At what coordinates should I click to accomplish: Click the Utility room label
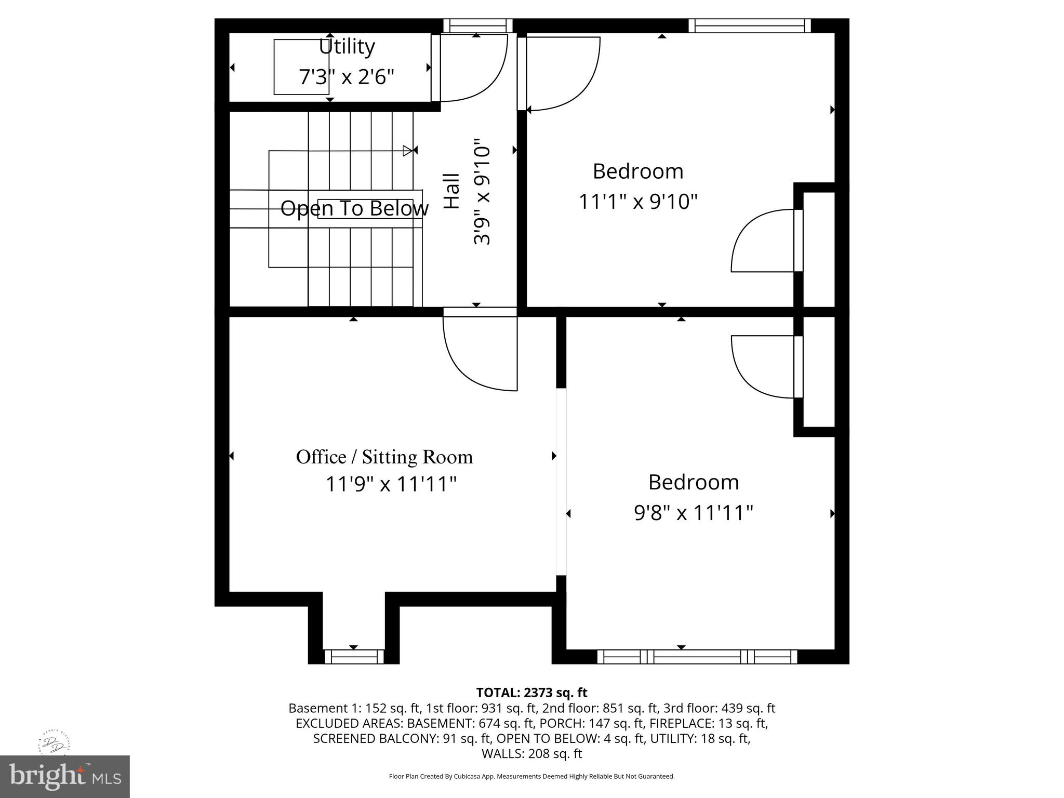(347, 47)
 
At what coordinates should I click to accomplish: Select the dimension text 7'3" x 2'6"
(347, 77)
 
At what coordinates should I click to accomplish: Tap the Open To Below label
(354, 208)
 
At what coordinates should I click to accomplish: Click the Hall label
(451, 191)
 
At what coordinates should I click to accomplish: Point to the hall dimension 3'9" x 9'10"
(482, 191)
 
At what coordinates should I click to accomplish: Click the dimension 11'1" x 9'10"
(638, 201)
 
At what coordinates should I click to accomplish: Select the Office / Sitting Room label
(384, 457)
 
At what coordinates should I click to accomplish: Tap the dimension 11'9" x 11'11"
(391, 484)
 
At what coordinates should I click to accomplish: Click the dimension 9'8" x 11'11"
(694, 513)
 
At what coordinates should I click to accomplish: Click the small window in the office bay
(354, 657)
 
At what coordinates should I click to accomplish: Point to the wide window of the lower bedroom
(697, 657)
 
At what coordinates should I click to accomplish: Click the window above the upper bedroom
(749, 26)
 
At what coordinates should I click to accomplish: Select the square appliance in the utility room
(301, 66)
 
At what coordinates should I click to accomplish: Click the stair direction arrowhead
(408, 151)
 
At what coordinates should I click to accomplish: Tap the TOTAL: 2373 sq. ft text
(531, 693)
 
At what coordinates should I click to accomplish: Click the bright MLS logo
(65, 777)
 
